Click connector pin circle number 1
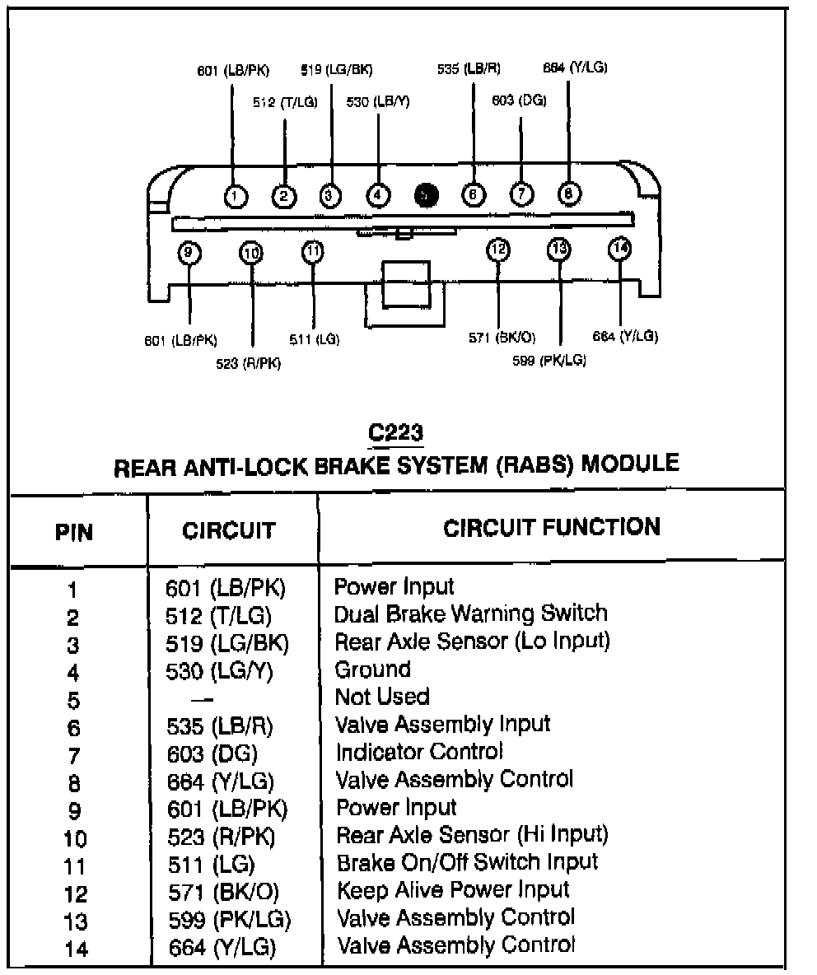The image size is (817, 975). coord(236,195)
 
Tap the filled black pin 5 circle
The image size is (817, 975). coord(425,195)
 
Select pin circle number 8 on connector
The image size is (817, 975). coord(569,194)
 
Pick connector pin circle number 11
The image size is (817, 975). coord(313,251)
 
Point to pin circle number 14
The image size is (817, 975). coord(619,249)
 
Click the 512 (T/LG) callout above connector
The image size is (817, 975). coord(285,103)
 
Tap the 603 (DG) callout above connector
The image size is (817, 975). coord(519,100)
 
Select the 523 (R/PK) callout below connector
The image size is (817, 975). coord(248,363)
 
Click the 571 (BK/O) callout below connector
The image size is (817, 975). coord(502,338)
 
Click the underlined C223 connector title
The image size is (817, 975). coord(397,432)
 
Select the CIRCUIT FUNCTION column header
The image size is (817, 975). coord(552,527)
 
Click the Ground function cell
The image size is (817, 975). coord(372,669)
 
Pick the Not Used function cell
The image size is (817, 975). coord(382,697)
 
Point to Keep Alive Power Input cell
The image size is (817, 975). coord(453,889)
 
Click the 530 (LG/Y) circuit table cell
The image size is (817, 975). coord(219,671)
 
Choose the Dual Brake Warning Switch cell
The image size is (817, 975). coord(471,613)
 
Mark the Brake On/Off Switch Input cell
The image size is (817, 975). coord(468,862)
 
